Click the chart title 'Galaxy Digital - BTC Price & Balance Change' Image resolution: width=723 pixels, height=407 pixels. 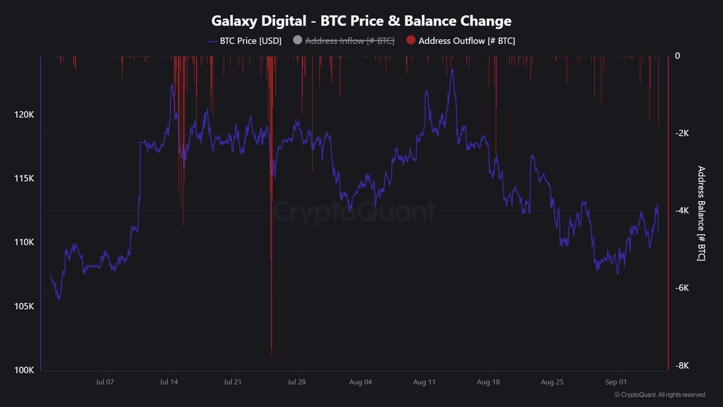pyautogui.click(x=361, y=21)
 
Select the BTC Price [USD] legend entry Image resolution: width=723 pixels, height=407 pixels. pyautogui.click(x=250, y=41)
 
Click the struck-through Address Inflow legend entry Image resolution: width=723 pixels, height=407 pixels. pyautogui.click(x=349, y=41)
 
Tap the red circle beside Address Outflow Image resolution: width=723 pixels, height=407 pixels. pyautogui.click(x=411, y=40)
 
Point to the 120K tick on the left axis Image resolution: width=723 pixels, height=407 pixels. pyautogui.click(x=24, y=115)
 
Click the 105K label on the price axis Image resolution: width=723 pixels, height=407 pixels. pyautogui.click(x=24, y=307)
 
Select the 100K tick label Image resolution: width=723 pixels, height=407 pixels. pyautogui.click(x=24, y=370)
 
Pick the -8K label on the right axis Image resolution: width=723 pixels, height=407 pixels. pyautogui.click(x=682, y=366)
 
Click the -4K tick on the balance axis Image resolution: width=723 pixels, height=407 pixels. pyautogui.click(x=682, y=211)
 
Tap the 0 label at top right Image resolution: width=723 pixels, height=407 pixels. pyautogui.click(x=677, y=56)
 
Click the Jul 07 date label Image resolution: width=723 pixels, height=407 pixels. pyautogui.click(x=105, y=382)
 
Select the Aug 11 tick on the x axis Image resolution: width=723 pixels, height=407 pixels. pyautogui.click(x=424, y=382)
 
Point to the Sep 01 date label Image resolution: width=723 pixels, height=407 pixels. pyautogui.click(x=616, y=382)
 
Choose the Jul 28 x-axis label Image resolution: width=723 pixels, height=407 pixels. pyautogui.click(x=296, y=382)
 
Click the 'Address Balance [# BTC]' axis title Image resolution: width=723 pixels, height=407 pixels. pyautogui.click(x=701, y=213)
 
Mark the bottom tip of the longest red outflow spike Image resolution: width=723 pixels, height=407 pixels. pyautogui.click(x=272, y=355)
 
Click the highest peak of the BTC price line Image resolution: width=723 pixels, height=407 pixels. pyautogui.click(x=452, y=69)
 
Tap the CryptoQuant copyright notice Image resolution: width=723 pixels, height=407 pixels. pyautogui.click(x=660, y=395)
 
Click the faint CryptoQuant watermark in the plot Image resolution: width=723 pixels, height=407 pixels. pyautogui.click(x=354, y=211)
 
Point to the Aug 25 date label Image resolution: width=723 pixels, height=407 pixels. pyautogui.click(x=552, y=382)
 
